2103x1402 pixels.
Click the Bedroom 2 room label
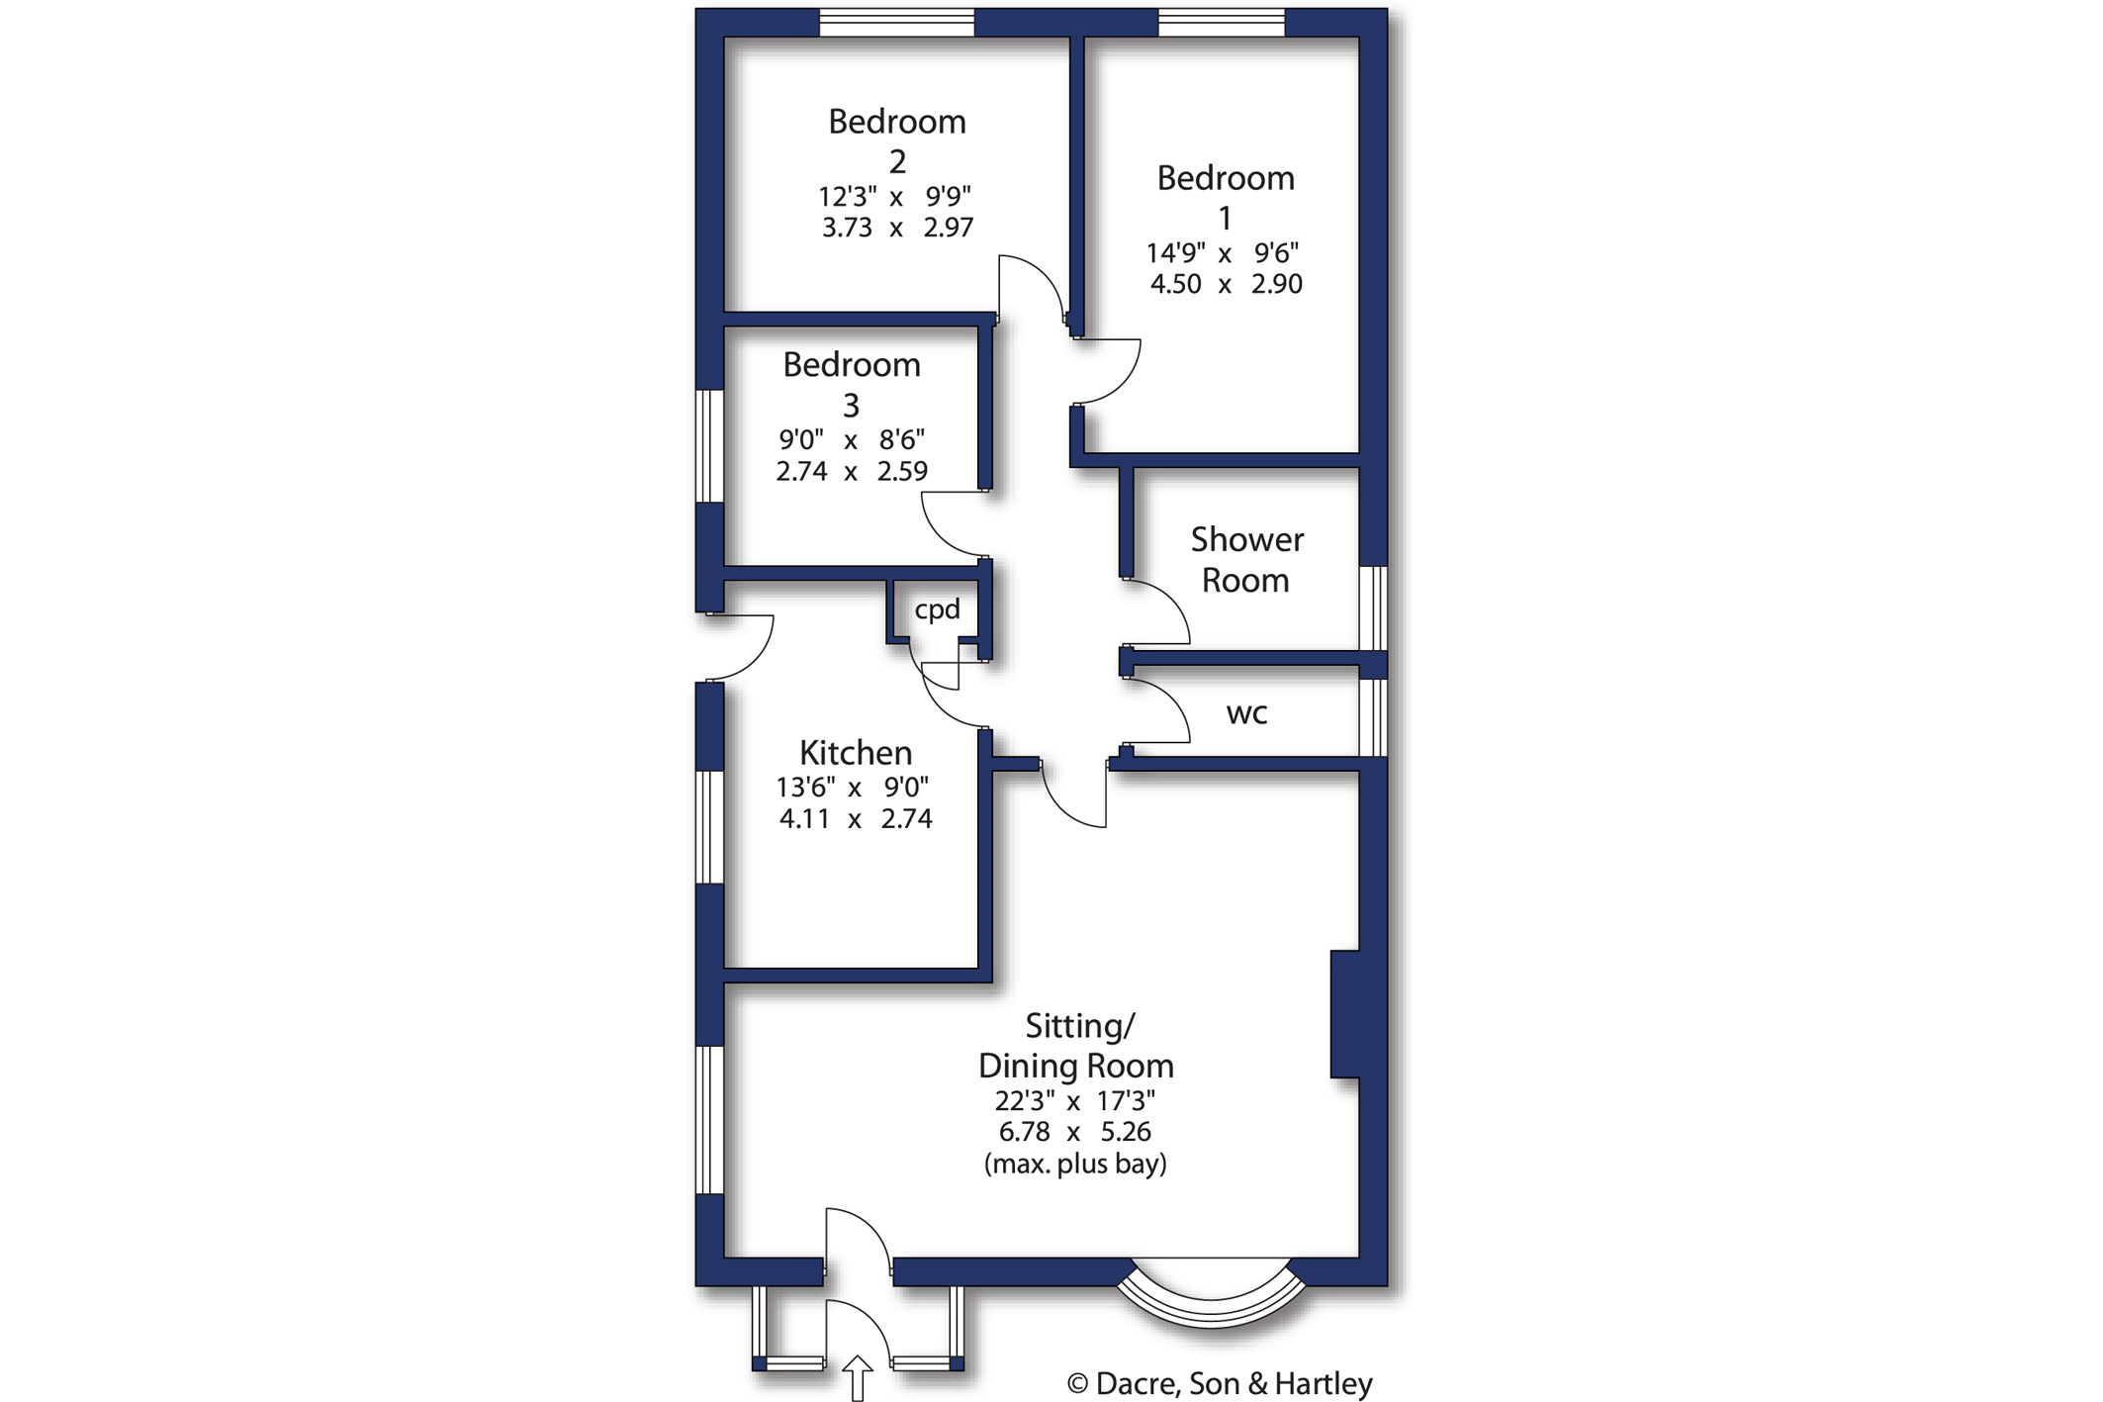896,140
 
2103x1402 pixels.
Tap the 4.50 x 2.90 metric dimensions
1225,284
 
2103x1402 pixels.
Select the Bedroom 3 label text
851,383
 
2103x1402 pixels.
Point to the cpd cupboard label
937,609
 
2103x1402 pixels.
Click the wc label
1245,713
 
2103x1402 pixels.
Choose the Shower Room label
1245,559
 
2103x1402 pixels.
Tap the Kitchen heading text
855,753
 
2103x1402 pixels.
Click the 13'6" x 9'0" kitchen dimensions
853,788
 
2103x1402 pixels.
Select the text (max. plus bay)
1075,1164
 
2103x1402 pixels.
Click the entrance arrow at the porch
857,1377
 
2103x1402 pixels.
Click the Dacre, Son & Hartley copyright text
1220,1383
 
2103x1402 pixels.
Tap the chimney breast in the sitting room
1345,1014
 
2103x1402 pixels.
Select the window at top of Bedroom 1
1221,22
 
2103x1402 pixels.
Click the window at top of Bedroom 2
896,22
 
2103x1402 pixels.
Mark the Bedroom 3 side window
709,446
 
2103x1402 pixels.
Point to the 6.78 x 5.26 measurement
1075,1132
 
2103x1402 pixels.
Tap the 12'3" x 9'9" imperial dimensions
895,197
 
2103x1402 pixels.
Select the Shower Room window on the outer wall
1373,608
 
